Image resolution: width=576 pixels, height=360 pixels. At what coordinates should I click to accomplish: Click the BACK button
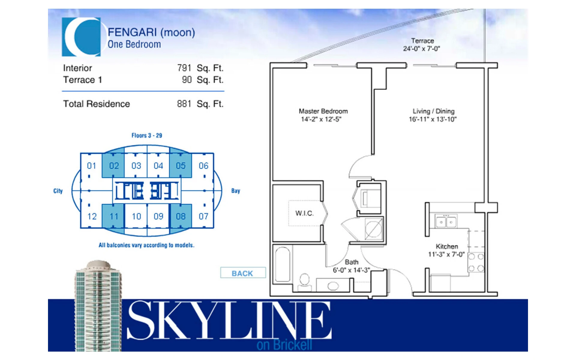243,273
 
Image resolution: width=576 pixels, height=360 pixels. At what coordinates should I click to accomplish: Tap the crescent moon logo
81,37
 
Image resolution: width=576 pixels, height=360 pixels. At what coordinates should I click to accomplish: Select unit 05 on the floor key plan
181,165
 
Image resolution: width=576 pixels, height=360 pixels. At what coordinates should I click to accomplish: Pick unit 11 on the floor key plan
113,216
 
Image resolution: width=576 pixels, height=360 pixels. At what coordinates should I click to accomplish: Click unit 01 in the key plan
91,165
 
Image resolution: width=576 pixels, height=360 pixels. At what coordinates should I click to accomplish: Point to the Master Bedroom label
323,111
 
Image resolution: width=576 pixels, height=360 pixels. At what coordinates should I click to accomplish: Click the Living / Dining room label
433,111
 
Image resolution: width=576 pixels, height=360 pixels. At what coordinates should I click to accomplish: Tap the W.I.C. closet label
304,213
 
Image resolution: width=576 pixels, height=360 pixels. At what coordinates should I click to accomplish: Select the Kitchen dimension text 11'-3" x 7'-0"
446,254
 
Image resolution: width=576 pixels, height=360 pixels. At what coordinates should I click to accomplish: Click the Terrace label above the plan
422,41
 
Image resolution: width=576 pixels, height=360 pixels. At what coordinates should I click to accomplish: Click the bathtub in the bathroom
283,264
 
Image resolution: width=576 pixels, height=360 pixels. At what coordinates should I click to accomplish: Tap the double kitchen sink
446,221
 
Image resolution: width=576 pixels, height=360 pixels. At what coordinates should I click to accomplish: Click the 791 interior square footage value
184,68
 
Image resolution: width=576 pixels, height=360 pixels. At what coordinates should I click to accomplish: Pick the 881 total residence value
184,104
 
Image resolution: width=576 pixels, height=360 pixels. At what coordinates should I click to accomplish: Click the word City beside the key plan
58,191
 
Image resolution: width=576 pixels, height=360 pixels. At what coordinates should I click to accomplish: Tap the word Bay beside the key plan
235,191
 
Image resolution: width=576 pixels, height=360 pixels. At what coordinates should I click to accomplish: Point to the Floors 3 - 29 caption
147,135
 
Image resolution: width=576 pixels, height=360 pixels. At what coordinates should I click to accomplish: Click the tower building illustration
98,306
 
